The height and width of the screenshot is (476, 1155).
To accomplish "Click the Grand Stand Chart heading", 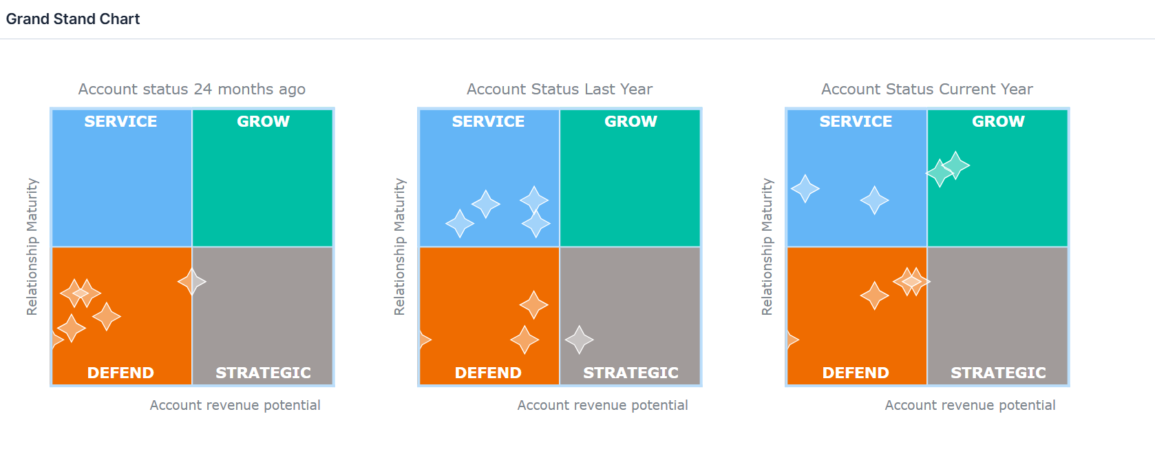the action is tap(73, 19).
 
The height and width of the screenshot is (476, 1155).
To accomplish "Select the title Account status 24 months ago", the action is tap(192, 90).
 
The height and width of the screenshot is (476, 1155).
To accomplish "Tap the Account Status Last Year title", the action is tap(560, 90).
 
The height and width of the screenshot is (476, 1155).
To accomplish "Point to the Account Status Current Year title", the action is tap(927, 90).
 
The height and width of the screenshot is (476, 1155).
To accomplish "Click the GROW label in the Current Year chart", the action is tap(998, 121).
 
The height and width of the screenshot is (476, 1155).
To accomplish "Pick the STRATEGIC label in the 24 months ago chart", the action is tap(263, 373).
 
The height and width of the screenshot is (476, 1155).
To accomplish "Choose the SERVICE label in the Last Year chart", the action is tap(488, 121).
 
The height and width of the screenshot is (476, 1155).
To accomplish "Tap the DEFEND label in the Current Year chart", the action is tap(856, 373).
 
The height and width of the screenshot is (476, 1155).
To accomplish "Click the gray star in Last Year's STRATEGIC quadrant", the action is tap(579, 340).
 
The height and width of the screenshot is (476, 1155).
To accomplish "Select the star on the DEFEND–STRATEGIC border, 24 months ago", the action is tap(192, 282).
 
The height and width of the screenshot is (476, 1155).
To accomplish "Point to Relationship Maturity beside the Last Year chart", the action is tap(400, 247).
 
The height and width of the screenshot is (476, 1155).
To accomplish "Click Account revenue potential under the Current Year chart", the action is tap(970, 405).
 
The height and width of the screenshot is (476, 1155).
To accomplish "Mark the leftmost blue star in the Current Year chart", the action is tap(805, 189).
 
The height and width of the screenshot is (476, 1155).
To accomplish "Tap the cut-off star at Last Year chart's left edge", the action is tap(425, 340).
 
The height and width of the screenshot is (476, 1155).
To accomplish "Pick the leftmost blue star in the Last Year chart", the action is tap(459, 224).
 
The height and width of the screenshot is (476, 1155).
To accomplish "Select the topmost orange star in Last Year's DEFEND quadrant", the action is tap(533, 305).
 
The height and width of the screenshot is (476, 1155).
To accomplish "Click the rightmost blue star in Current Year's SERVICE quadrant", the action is tap(874, 200).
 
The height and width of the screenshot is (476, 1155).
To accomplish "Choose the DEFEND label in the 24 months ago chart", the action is tap(120, 373).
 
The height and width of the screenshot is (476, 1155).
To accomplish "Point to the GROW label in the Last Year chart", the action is tap(631, 121).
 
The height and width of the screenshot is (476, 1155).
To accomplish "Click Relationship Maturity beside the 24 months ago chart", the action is tap(32, 247).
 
